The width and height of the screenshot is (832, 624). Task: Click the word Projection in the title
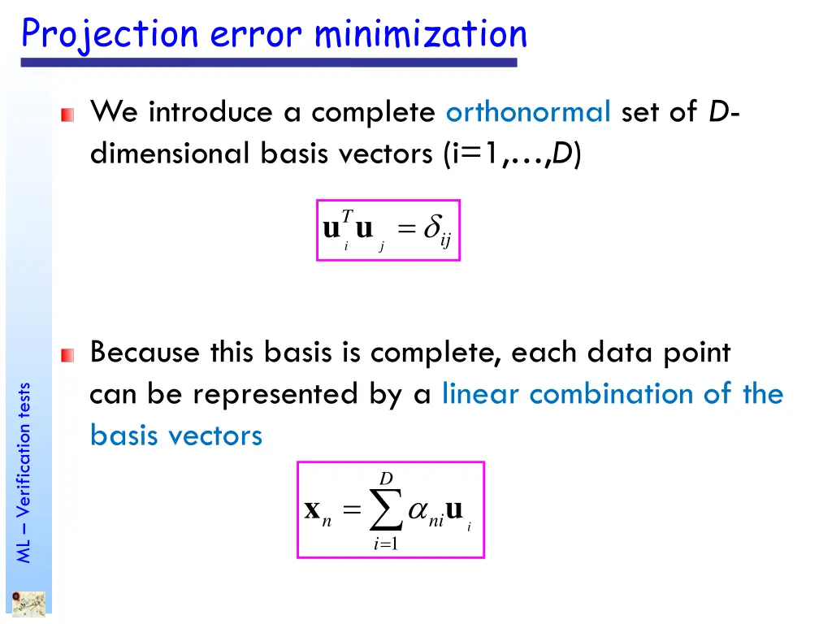click(110, 34)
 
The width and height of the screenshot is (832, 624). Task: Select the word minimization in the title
click(420, 34)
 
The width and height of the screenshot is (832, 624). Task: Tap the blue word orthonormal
click(528, 111)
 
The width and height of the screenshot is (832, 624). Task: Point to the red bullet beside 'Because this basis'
click(67, 355)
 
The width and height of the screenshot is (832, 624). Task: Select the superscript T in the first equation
click(347, 215)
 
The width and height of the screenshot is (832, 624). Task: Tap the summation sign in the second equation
click(385, 510)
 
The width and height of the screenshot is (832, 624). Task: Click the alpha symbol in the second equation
click(418, 510)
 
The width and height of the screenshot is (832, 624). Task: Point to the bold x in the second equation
click(311, 509)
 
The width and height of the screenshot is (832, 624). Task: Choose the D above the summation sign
click(386, 478)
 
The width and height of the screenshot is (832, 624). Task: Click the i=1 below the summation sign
click(385, 544)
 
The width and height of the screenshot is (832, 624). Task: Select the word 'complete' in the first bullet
click(373, 111)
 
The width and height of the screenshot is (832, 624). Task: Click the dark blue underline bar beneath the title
click(268, 63)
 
